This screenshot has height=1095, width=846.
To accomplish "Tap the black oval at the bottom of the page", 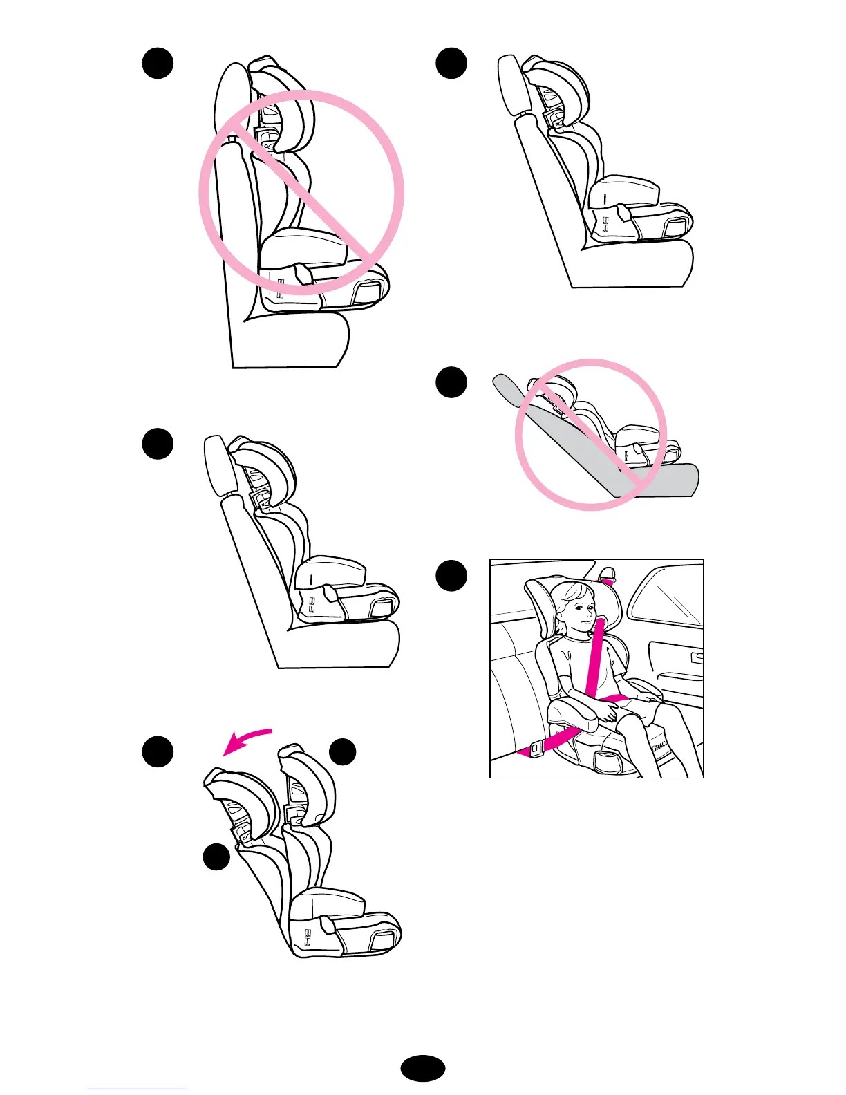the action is pyautogui.click(x=423, y=1068).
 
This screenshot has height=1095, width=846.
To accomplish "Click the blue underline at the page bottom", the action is pyautogui.click(x=137, y=1089).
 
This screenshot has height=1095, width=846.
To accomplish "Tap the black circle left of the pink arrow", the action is pyautogui.click(x=158, y=752).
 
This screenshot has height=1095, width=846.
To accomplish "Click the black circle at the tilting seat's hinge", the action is pyautogui.click(x=216, y=857).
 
